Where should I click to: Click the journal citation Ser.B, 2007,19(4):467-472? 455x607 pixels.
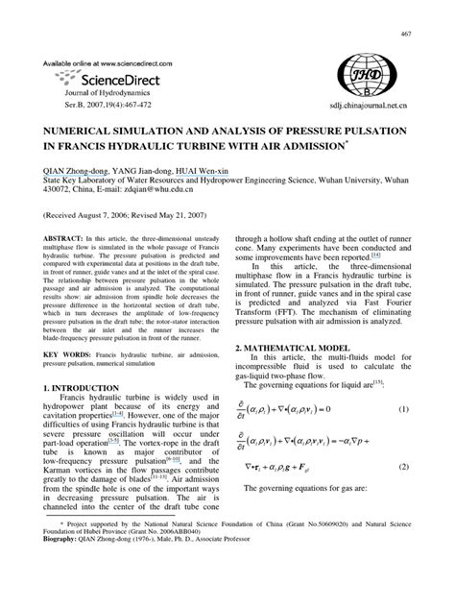point(117,111)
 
